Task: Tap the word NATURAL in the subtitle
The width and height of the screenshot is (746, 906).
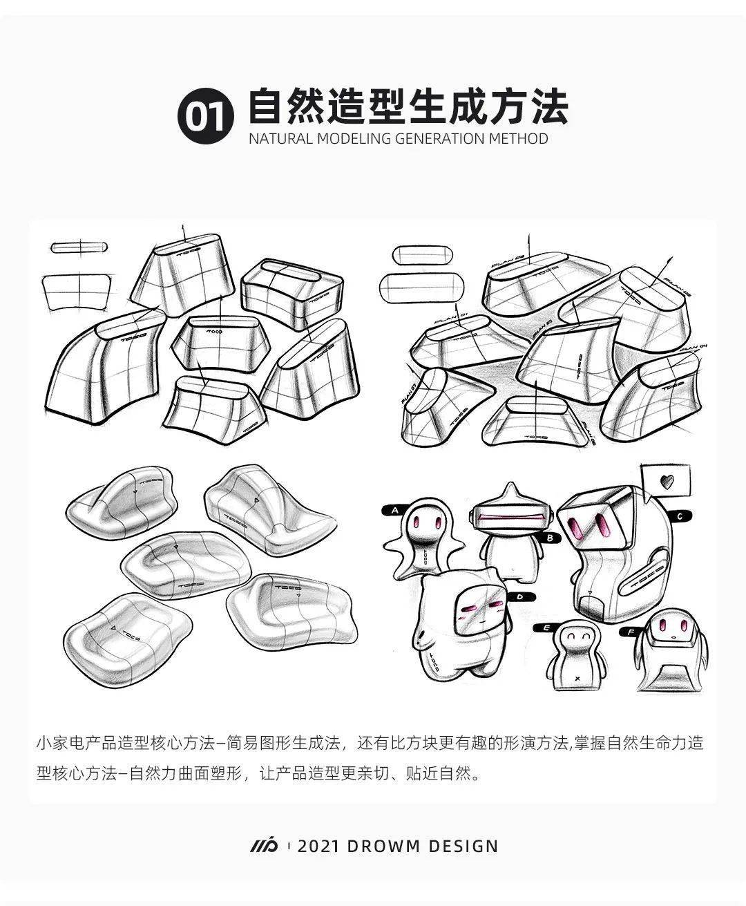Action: (x=279, y=138)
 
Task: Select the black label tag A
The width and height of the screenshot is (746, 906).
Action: (x=394, y=510)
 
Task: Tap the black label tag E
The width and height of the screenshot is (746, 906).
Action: (x=545, y=628)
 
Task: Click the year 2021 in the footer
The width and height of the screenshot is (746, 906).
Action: (x=320, y=846)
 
